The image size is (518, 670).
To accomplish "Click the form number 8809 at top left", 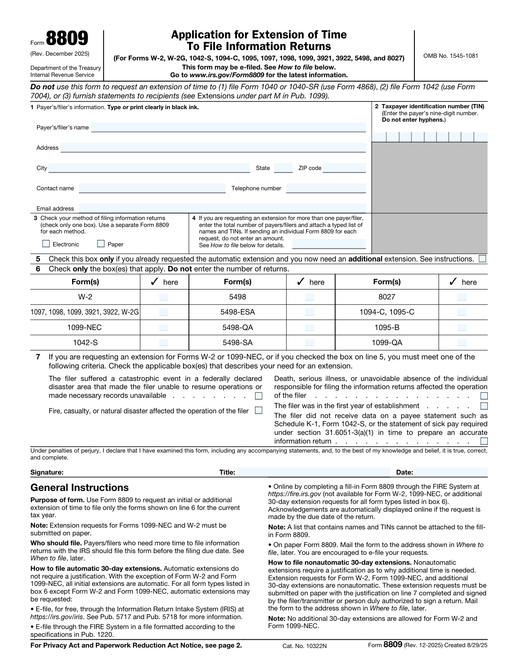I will [x=66, y=38].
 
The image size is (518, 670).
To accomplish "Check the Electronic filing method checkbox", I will [x=46, y=244].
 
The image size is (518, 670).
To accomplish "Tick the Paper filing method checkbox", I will [x=101, y=244].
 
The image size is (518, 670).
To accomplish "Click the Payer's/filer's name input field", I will [x=228, y=127].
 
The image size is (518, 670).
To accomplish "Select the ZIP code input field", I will [x=344, y=168].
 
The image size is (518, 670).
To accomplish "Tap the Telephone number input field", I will [x=325, y=188].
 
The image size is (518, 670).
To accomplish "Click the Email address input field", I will [x=222, y=208].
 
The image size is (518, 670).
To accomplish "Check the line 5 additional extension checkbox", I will [x=483, y=259].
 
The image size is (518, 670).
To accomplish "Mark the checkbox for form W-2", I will [x=164, y=297].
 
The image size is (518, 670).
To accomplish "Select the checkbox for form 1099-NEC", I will [x=164, y=327].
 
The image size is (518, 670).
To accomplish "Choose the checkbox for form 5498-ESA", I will [x=310, y=312].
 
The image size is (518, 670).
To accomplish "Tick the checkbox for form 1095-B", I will [x=462, y=327].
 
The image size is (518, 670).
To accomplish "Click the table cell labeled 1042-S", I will [x=85, y=343].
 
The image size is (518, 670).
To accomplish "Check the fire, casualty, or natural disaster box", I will [x=259, y=411].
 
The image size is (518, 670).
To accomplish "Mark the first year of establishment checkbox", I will [x=484, y=406].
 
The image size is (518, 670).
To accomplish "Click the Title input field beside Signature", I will [x=313, y=472].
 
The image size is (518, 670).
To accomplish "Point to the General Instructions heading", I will [x=79, y=488].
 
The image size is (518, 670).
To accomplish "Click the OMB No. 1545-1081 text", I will [x=451, y=56].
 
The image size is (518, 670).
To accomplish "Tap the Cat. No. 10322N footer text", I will [x=304, y=646].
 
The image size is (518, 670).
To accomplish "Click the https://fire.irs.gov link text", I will [x=294, y=494].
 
